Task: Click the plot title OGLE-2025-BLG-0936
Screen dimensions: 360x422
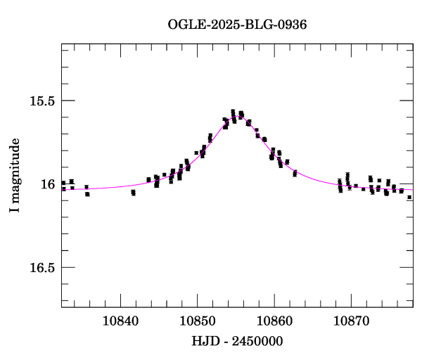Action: coord(237,24)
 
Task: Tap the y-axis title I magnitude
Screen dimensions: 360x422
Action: coord(15,176)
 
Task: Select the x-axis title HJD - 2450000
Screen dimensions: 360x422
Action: coord(238,341)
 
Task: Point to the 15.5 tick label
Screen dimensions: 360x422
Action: coord(42,101)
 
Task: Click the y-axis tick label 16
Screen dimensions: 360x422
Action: coord(48,184)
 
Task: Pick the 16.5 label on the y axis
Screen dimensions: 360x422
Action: coord(42,268)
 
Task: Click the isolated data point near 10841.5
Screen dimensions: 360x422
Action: coord(133,192)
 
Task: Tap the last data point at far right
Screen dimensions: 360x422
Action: coord(409,198)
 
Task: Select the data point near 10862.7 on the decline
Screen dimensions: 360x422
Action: coord(295,173)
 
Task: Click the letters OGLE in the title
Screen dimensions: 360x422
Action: coord(184,24)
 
